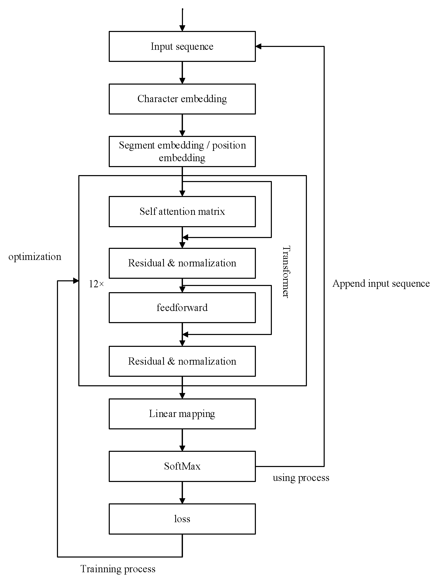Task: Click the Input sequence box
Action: click(182, 46)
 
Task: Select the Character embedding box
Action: click(182, 99)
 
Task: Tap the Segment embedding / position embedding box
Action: click(182, 151)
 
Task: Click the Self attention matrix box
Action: click(182, 211)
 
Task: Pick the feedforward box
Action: click(182, 308)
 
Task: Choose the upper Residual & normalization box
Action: click(182, 263)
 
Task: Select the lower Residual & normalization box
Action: click(182, 362)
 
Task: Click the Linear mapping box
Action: click(182, 414)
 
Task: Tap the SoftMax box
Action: click(182, 467)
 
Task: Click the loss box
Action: click(182, 519)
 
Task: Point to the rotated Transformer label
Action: click(286, 272)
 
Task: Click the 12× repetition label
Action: click(96, 284)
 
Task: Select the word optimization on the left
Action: click(35, 257)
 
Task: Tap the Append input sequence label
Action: click(381, 284)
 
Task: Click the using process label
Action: click(301, 478)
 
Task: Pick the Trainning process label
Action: click(118, 569)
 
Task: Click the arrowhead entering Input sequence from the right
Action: click(258, 46)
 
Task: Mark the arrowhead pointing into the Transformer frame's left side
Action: click(76, 281)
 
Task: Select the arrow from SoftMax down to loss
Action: click(182, 493)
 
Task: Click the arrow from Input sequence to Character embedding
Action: click(182, 73)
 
